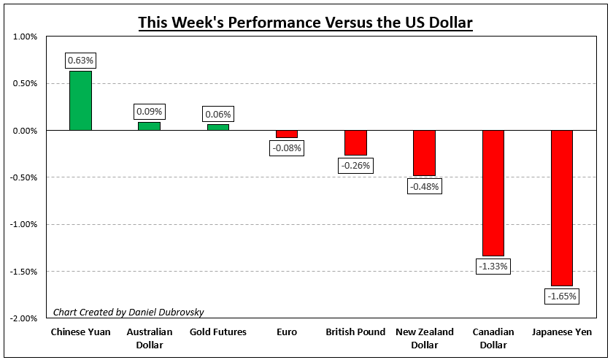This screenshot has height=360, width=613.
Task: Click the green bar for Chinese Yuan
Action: (x=80, y=101)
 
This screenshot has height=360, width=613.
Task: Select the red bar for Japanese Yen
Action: (x=562, y=208)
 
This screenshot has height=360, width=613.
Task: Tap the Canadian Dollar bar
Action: (x=493, y=193)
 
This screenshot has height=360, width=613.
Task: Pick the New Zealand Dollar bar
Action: (x=424, y=153)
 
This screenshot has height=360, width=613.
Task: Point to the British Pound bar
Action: (x=355, y=143)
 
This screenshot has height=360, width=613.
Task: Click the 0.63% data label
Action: (x=80, y=60)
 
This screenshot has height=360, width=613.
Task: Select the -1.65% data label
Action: (x=562, y=296)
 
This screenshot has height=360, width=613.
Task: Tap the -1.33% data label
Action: (x=493, y=267)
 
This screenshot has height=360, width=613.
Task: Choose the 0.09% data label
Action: (x=149, y=112)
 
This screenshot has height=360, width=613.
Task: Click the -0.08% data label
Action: (x=287, y=148)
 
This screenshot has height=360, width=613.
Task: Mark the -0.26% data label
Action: (x=355, y=166)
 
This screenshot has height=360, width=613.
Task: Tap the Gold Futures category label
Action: (x=218, y=332)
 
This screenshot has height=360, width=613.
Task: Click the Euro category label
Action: (x=287, y=332)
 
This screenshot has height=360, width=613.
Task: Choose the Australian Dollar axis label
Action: (x=149, y=338)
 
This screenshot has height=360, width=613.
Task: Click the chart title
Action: (x=306, y=23)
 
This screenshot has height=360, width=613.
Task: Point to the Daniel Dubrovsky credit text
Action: (x=128, y=312)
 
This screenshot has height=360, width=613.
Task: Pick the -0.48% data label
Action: (x=424, y=186)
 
